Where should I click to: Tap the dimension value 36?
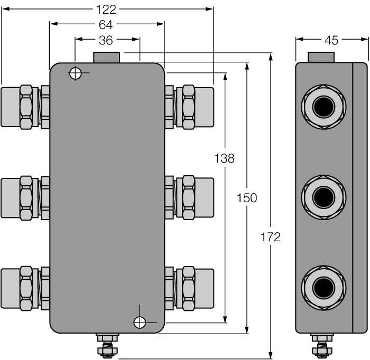(x=107, y=40)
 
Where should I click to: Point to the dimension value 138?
(x=224, y=158)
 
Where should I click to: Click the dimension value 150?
(x=247, y=198)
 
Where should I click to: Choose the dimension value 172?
(x=271, y=237)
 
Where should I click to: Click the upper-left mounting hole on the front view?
(x=76, y=73)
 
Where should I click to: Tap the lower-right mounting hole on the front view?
(x=140, y=322)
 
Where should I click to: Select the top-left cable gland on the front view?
(x=25, y=107)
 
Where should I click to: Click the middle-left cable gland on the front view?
(x=25, y=198)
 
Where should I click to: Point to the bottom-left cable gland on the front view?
(x=25, y=288)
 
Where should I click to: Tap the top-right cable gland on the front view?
(x=189, y=107)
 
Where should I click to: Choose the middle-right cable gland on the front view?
(x=189, y=198)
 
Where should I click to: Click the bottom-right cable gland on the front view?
(x=189, y=288)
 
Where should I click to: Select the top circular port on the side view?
(x=323, y=107)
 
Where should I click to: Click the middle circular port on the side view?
(x=323, y=198)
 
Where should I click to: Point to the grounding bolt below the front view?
(x=107, y=346)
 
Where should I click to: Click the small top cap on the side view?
(x=321, y=57)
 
